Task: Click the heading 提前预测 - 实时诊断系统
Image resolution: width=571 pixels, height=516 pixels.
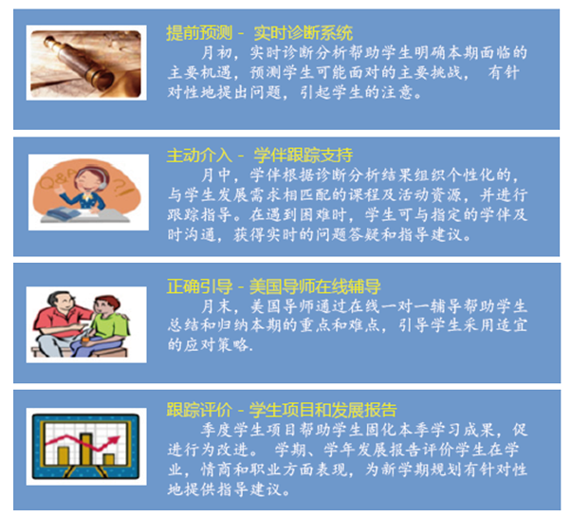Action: [259, 33]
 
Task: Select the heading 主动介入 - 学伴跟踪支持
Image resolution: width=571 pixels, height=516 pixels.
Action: [259, 156]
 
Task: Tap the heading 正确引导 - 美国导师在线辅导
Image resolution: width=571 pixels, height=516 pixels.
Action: [273, 286]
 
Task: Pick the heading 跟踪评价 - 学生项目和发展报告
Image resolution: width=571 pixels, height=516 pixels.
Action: [282, 410]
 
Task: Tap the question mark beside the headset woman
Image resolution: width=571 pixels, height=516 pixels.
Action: [118, 185]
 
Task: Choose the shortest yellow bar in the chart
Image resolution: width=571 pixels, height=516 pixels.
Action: [109, 459]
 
